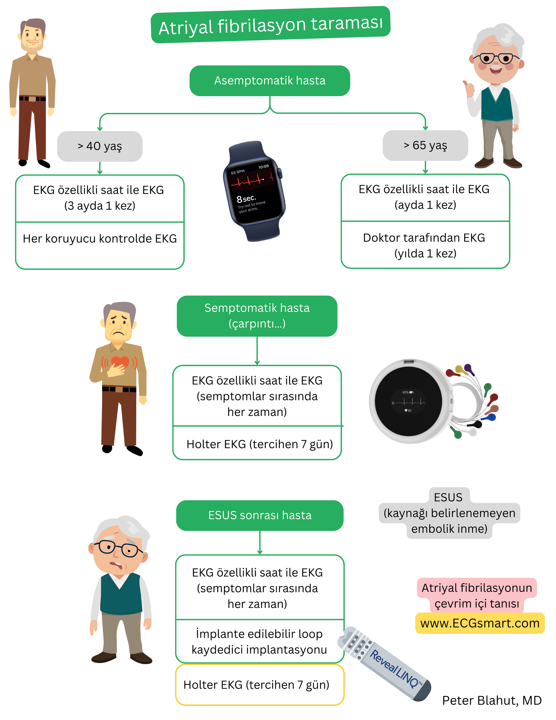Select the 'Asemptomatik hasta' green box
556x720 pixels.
269,81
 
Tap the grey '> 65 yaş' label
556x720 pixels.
425,145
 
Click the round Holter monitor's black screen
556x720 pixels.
408,401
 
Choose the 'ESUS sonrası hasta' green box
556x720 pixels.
260,515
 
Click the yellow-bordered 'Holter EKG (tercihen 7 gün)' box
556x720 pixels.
260,685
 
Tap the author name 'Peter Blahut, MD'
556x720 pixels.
492,701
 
